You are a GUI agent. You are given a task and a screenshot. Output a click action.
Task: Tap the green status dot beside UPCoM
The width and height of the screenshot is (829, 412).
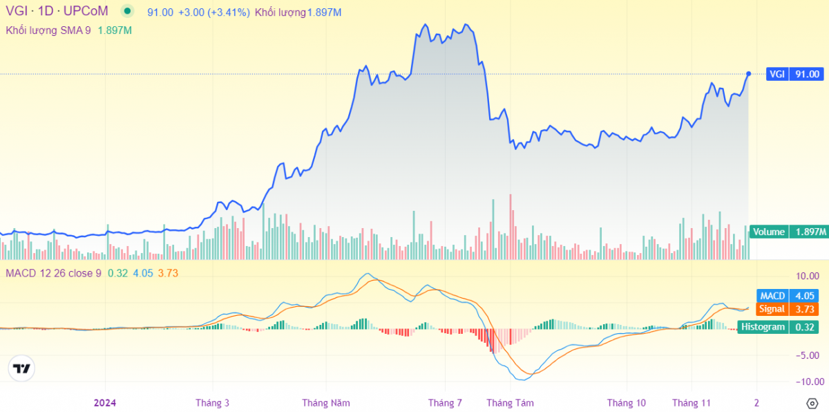[x=126, y=12]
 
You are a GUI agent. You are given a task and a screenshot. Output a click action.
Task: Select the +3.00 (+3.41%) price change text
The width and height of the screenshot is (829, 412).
[x=213, y=12]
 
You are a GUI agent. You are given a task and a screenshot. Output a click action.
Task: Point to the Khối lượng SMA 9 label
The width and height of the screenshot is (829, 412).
[x=48, y=30]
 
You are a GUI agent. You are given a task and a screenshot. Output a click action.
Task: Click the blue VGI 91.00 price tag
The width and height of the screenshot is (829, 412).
[x=795, y=74]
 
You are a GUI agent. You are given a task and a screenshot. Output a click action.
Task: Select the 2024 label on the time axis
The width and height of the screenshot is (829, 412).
[x=105, y=403]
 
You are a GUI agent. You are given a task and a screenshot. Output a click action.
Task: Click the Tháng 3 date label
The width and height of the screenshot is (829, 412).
[x=212, y=403]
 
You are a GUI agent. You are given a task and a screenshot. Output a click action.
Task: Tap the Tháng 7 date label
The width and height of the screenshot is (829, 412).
[x=445, y=403]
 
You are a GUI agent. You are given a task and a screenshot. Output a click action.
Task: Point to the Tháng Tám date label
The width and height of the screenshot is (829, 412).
[x=510, y=403]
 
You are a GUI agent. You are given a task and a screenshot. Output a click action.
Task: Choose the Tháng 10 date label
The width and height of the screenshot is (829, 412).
[x=627, y=403]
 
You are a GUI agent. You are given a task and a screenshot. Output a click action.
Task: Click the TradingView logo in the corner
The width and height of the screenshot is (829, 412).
[x=22, y=369]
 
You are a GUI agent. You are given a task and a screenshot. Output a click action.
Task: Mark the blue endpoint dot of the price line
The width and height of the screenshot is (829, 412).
[x=749, y=74]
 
